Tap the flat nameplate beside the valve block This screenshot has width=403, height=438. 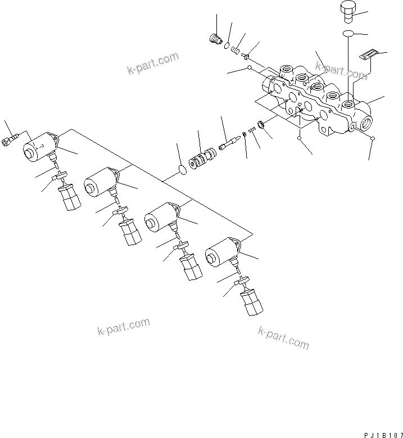coord(366,55)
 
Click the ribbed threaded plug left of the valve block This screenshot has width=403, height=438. coord(213,39)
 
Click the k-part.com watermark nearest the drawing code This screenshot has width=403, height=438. coord(283,336)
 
